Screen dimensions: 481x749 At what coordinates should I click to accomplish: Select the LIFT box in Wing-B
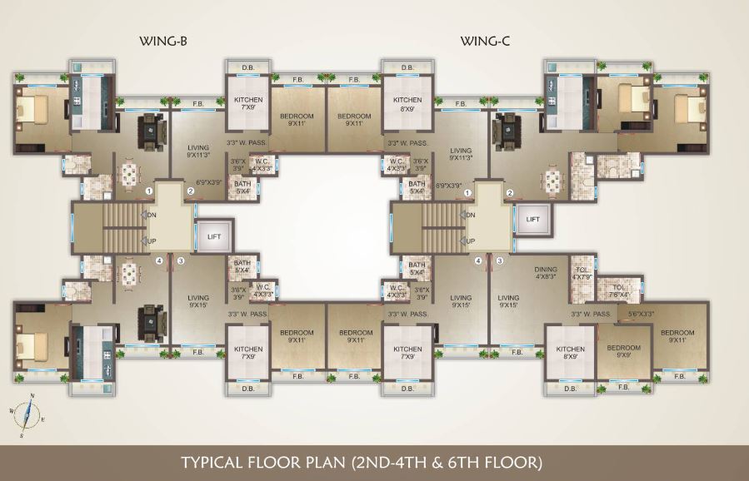point(213,236)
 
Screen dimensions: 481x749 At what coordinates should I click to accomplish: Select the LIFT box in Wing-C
point(532,219)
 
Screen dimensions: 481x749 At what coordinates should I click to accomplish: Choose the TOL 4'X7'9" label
point(582,274)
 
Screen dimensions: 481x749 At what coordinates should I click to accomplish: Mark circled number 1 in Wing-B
point(148,192)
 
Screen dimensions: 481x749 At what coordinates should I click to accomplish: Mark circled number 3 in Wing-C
point(500,260)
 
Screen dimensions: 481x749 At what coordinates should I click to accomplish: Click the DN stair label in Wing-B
point(152,214)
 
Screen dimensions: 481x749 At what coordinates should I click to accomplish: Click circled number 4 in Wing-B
point(158,260)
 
